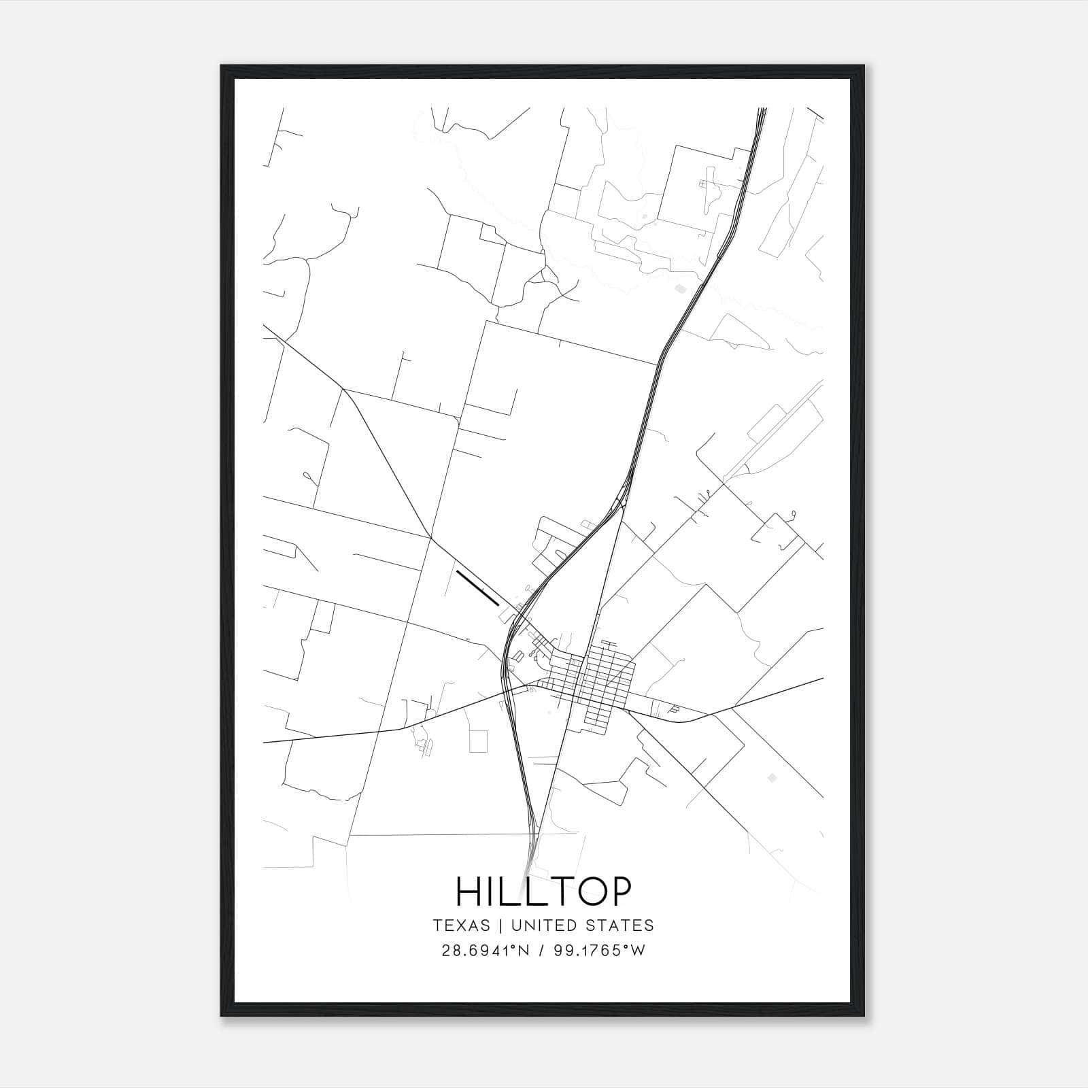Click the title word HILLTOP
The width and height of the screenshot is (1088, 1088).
coord(543,891)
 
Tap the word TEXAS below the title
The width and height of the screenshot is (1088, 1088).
coord(461,925)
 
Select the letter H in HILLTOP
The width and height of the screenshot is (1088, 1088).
coord(469,891)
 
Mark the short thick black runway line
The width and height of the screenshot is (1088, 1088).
coord(478,588)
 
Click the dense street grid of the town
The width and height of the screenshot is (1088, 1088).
coord(602,683)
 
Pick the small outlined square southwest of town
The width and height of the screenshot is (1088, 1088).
coord(479,741)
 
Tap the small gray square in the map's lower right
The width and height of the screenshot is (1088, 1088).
coord(770,777)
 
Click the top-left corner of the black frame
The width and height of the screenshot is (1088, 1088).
coord(222,66)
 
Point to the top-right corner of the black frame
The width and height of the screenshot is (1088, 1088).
coord(865,66)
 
